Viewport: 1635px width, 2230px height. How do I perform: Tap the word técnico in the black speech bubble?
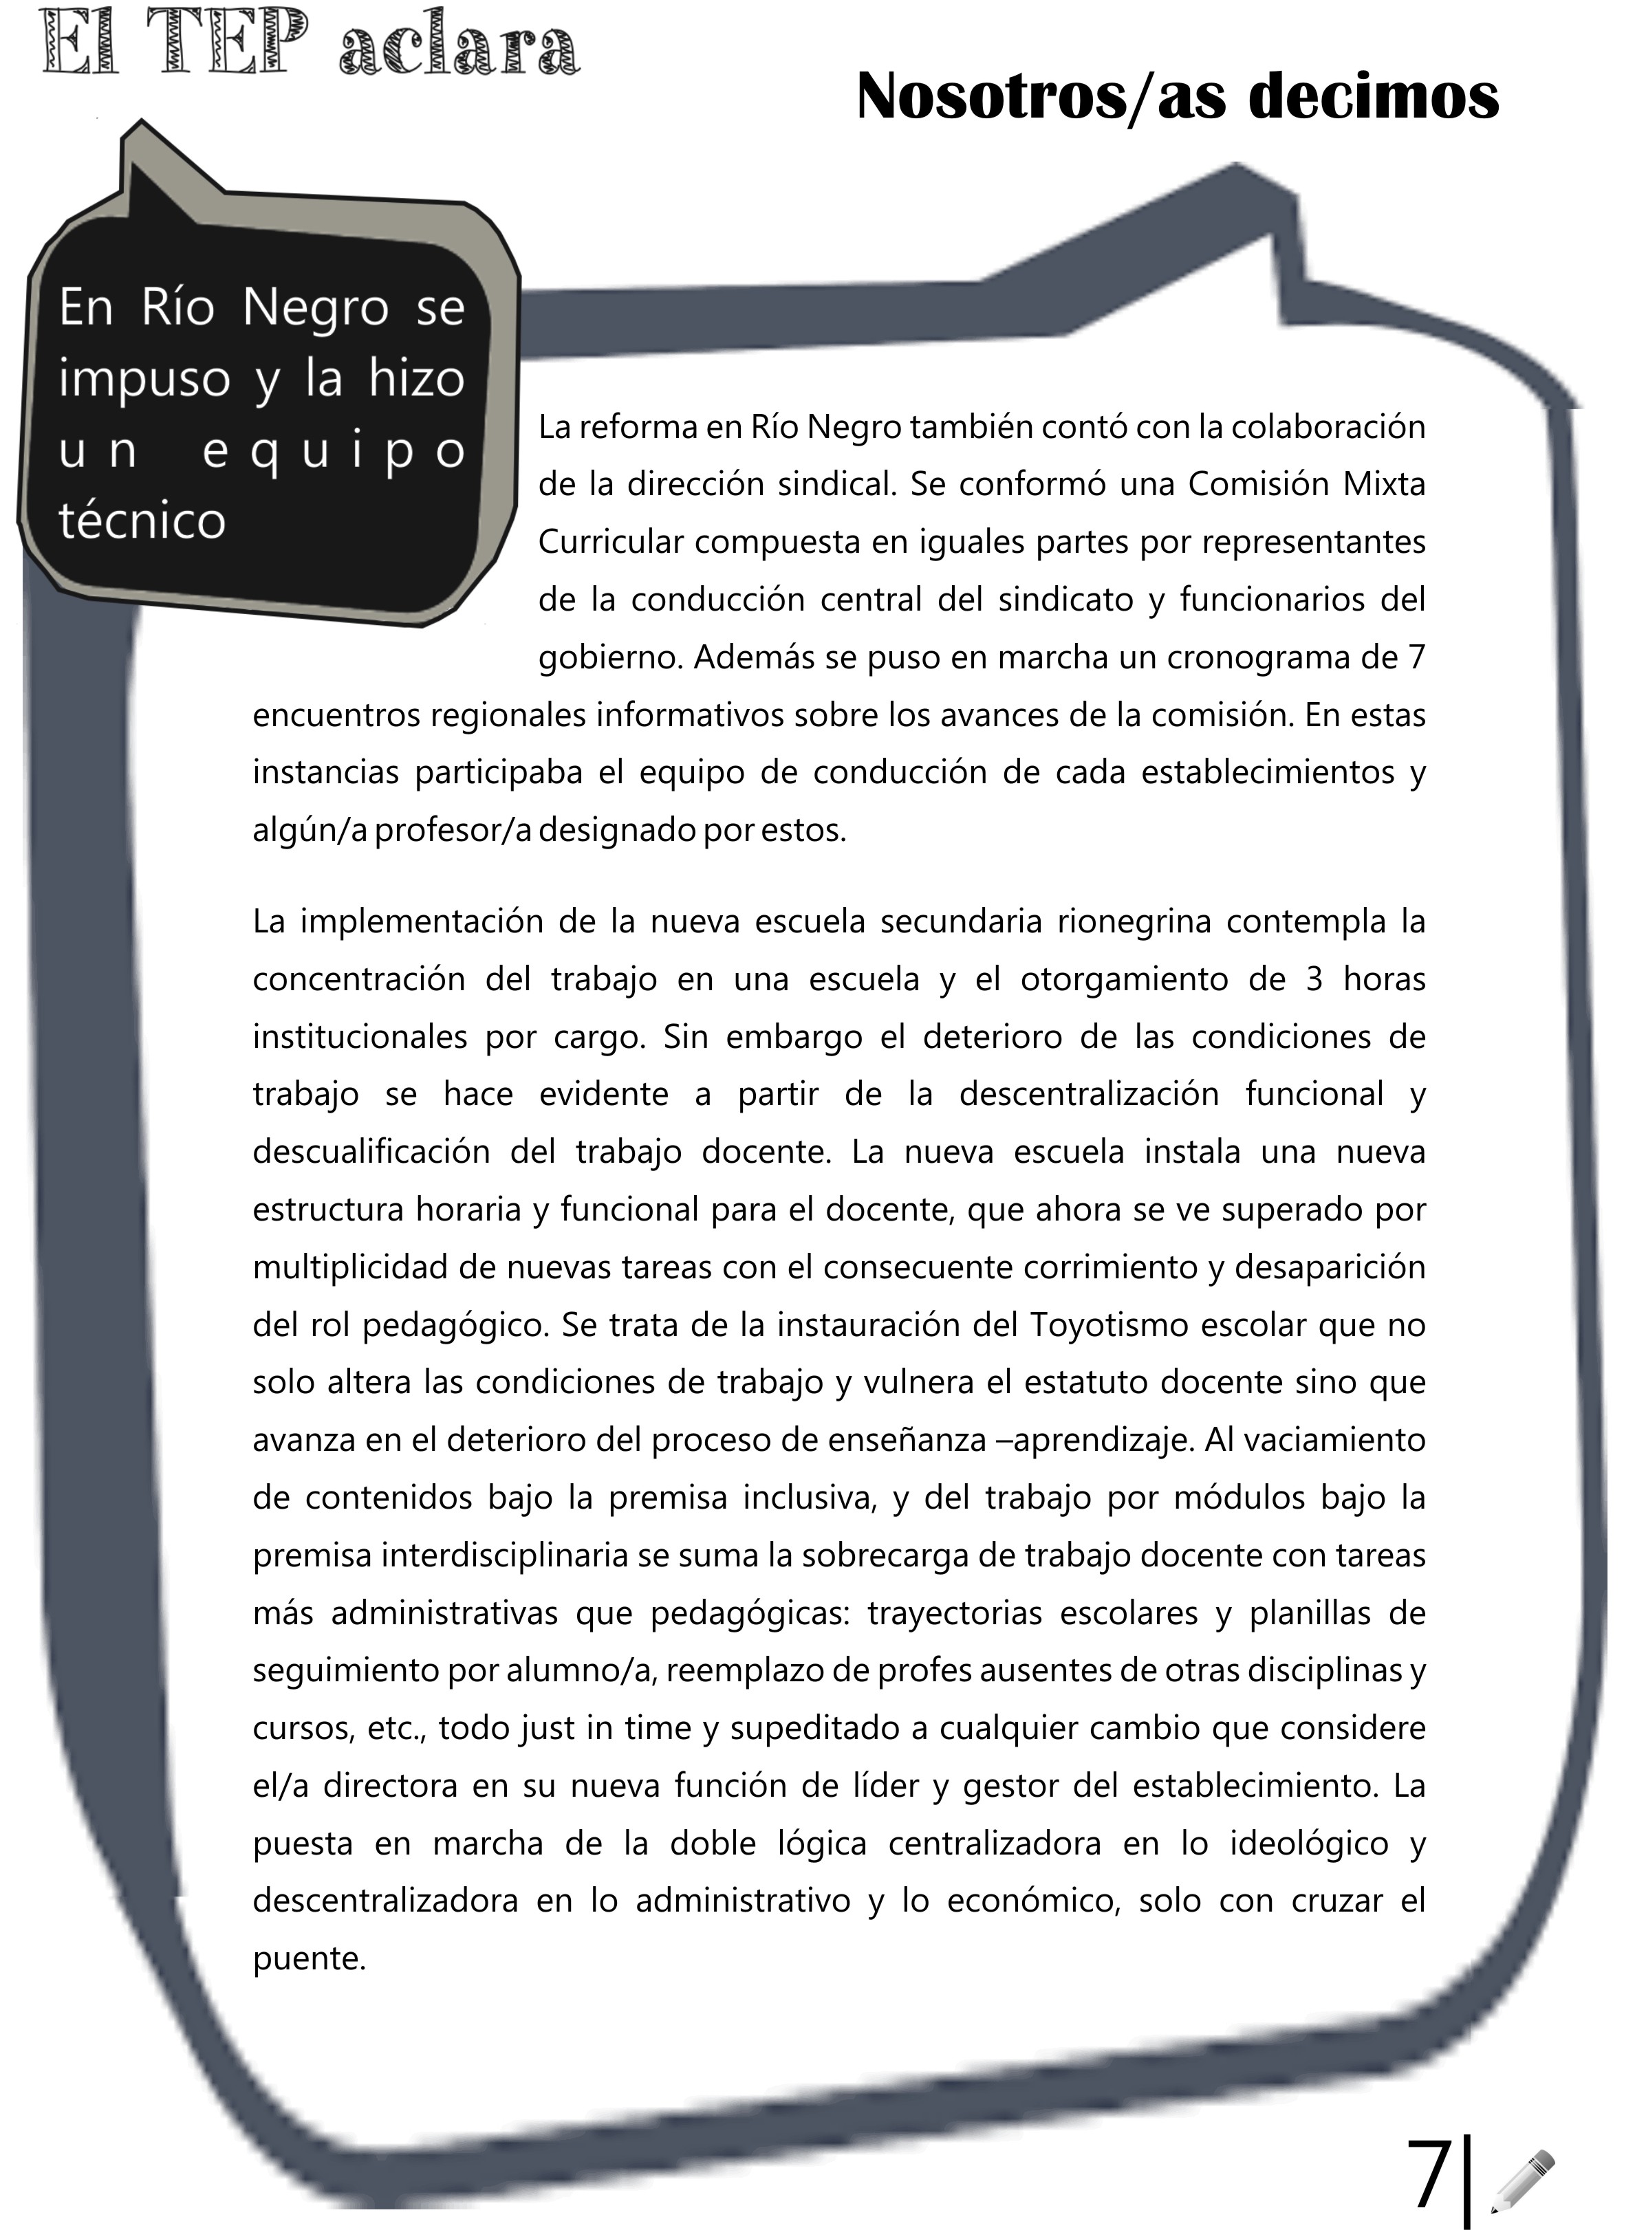tap(142, 521)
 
